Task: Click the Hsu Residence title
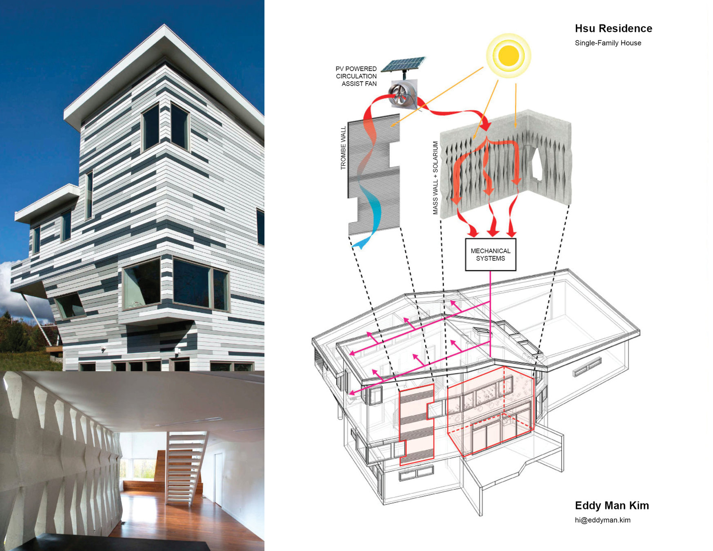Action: [613, 29]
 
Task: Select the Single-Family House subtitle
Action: [608, 43]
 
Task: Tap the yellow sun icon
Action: [508, 55]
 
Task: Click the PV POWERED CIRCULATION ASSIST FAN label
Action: [356, 76]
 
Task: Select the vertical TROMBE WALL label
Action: [343, 148]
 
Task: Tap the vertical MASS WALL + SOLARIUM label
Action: [435, 178]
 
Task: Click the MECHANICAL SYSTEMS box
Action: [491, 255]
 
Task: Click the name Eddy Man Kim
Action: [611, 505]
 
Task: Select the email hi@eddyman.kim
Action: [602, 520]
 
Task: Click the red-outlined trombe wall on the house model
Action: [416, 424]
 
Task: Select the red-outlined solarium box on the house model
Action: [490, 412]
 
